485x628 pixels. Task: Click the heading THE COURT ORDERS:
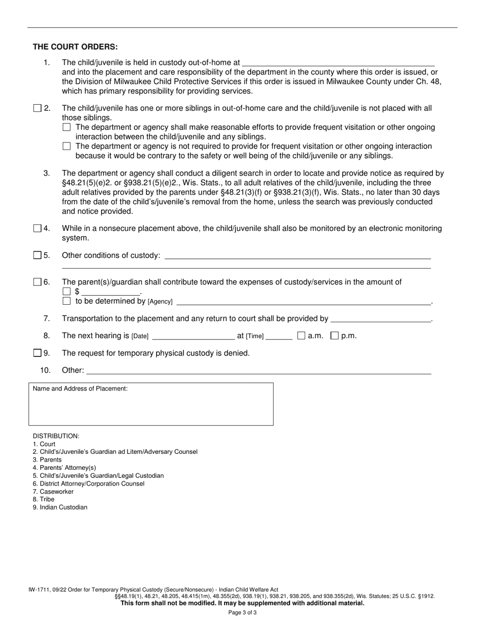[75, 46]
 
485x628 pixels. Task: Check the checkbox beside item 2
[37, 108]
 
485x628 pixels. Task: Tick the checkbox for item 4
[37, 228]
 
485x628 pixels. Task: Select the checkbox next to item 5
[37, 255]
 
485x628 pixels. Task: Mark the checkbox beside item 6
[37, 282]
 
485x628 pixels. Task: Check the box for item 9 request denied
[37, 353]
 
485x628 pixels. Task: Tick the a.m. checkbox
[301, 335]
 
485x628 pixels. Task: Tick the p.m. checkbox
[335, 335]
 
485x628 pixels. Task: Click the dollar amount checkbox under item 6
[66, 292]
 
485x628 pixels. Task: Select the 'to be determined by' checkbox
[66, 301]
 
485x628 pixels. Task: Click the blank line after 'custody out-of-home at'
[338, 63]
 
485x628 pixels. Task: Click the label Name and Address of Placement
[80, 389]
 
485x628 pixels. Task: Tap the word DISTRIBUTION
[56, 436]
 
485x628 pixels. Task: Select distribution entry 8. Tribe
[44, 499]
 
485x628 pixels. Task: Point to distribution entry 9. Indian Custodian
[60, 507]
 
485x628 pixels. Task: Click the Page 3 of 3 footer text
[243, 612]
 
